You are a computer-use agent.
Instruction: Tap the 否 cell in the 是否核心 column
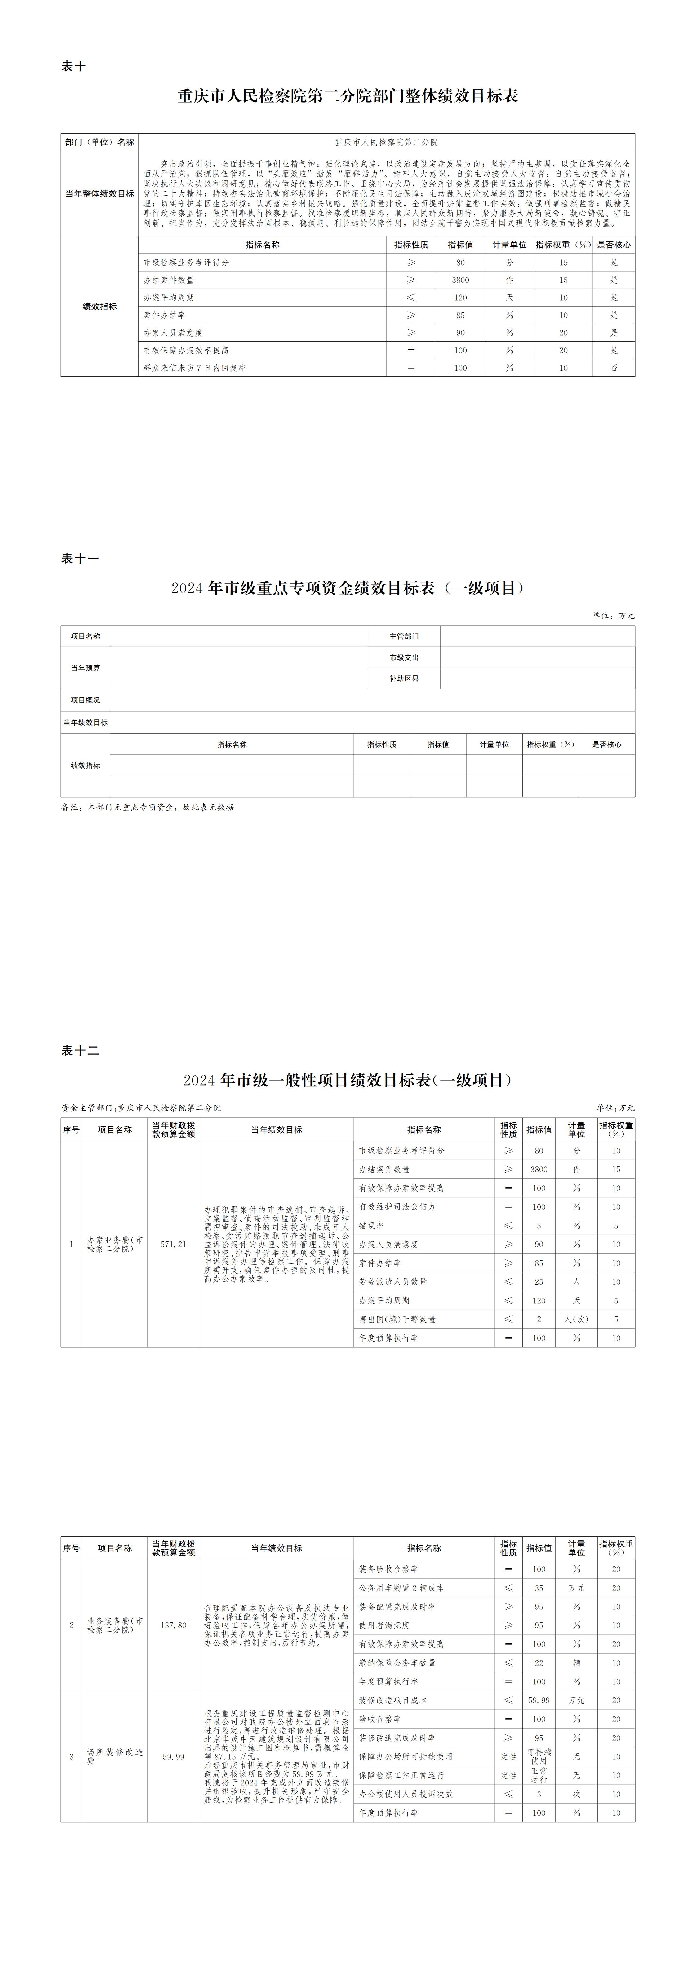(614, 368)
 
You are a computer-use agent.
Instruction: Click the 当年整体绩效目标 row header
(100, 193)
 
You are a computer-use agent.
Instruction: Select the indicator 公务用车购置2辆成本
(401, 1588)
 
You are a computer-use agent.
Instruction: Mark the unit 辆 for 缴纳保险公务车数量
(576, 1662)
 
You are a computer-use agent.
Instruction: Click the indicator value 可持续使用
(539, 1756)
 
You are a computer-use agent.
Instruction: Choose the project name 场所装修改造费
(115, 1756)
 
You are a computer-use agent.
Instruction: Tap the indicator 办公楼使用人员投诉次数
(406, 1793)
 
